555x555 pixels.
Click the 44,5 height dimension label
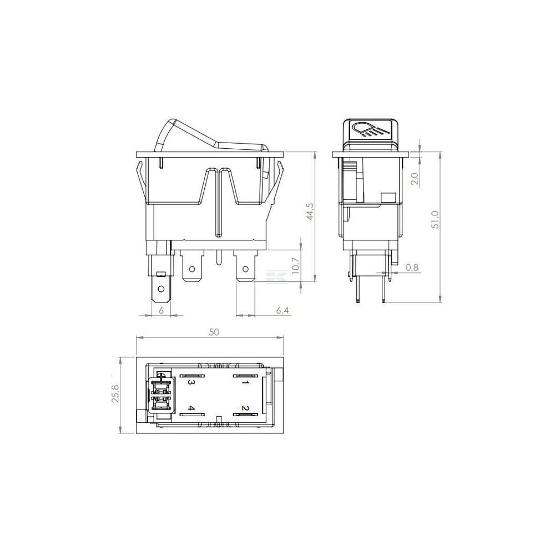tap(310, 211)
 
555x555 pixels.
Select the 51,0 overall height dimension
tap(435, 219)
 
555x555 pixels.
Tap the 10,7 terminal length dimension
tap(296, 266)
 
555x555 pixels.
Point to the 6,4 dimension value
tap(282, 310)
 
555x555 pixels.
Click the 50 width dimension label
tap(214, 332)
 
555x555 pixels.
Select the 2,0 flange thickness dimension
tap(416, 178)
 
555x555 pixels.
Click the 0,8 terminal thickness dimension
tap(412, 268)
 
